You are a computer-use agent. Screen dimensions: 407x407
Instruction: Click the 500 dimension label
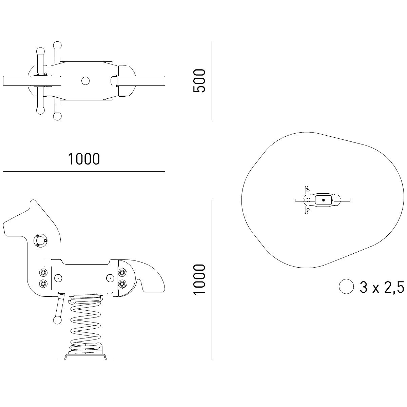pyautogui.click(x=199, y=81)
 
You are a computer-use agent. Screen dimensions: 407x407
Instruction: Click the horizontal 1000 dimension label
pyautogui.click(x=84, y=159)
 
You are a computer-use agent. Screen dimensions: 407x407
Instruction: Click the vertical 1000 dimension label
pyautogui.click(x=199, y=279)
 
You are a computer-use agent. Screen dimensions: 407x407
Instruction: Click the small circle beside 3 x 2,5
pyautogui.click(x=346, y=286)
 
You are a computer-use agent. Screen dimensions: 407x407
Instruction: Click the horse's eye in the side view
pyautogui.click(x=40, y=240)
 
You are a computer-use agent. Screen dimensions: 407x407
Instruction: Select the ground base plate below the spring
pyautogui.click(x=85, y=357)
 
